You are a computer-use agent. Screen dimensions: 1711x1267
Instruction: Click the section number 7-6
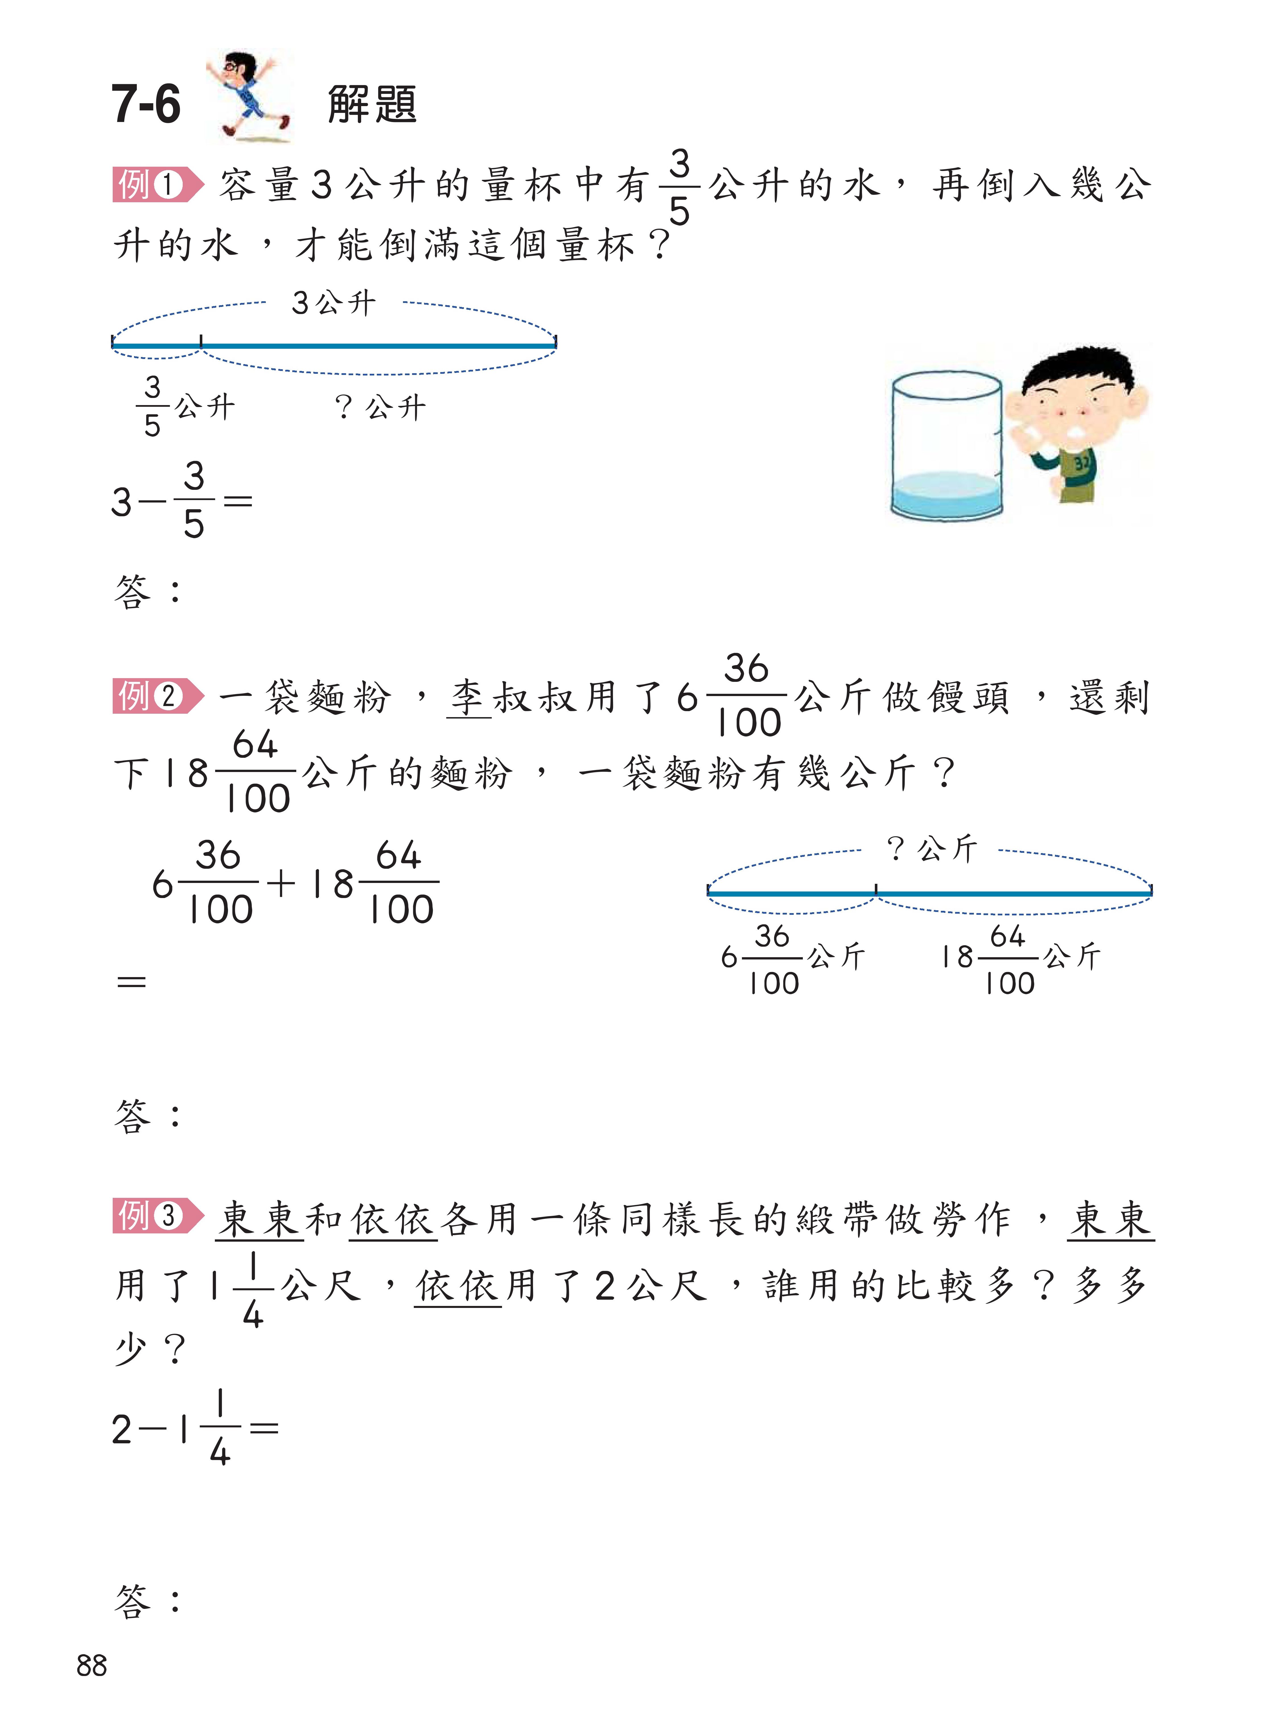[146, 105]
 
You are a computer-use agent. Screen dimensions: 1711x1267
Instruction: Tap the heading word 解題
[372, 105]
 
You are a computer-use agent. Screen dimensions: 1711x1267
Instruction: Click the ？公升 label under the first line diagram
[380, 407]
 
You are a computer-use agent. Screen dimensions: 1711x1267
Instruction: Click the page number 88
[92, 1665]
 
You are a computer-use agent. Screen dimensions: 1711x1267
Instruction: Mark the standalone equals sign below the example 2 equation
[131, 981]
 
